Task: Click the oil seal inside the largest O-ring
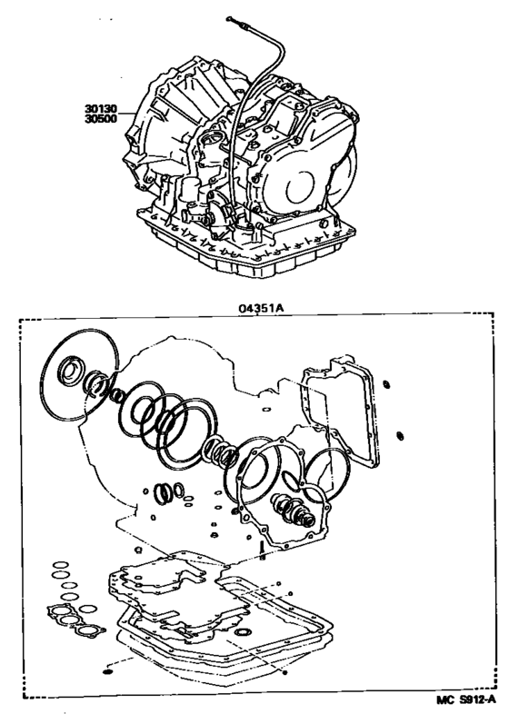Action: point(69,372)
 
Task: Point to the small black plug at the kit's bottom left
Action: point(109,671)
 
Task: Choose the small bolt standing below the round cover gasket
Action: point(262,549)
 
